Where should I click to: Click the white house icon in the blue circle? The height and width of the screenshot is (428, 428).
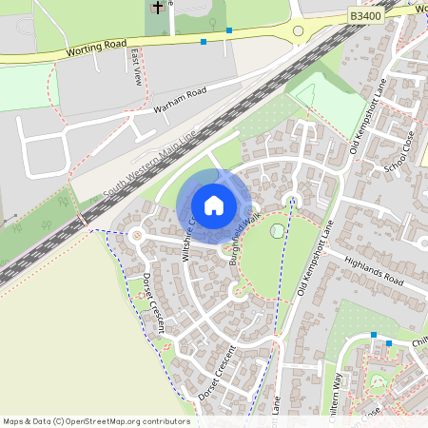(214, 204)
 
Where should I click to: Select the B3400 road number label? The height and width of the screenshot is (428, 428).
(363, 15)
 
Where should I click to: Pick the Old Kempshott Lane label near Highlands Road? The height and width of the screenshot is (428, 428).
(316, 261)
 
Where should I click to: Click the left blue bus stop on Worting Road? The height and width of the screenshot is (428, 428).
(204, 42)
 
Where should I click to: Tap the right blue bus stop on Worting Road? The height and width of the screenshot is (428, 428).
(229, 30)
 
